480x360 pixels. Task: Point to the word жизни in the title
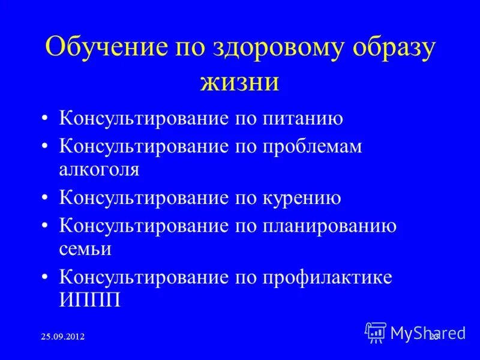[240, 82]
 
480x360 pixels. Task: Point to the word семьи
[85, 248]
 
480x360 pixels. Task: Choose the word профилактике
[326, 277]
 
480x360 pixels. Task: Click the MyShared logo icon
[376, 332]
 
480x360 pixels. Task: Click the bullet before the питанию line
[46, 119]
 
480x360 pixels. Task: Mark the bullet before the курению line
[46, 198]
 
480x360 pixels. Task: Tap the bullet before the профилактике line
[46, 278]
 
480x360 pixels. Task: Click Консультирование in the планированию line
[141, 226]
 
